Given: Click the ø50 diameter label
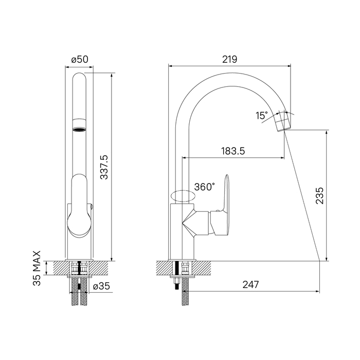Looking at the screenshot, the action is pos(80,60).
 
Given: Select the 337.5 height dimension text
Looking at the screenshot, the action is pos(104,167).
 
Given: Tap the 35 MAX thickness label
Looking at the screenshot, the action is pos(37,268).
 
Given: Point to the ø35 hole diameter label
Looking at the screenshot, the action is pos(101,286).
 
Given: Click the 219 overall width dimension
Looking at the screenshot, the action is pos(229,60).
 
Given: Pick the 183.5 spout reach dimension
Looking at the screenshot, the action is pos(233,151).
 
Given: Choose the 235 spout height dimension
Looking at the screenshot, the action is pos(319,195).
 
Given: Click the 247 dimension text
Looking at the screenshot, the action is pos(251,285).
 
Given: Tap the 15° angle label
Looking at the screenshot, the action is pos(262,116).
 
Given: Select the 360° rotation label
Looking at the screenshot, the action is pos(205,187).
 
